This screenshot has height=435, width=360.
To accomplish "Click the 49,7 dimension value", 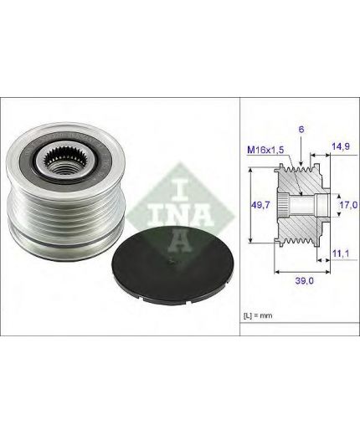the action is pos(260,205).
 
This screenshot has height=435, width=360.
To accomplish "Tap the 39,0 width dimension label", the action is pos(305,281).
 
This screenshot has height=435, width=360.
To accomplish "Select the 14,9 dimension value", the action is pos(341,146).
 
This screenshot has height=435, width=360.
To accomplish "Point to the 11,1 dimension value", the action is pos(341,253).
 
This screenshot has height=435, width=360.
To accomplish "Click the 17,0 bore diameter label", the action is pos(348,205).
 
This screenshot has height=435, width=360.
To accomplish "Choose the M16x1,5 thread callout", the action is pos(265,150).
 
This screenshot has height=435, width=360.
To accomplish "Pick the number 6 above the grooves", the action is pos(301,130).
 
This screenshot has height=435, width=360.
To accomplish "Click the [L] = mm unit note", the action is pos(258,315).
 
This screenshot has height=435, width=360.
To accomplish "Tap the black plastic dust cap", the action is pos(172,265).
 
